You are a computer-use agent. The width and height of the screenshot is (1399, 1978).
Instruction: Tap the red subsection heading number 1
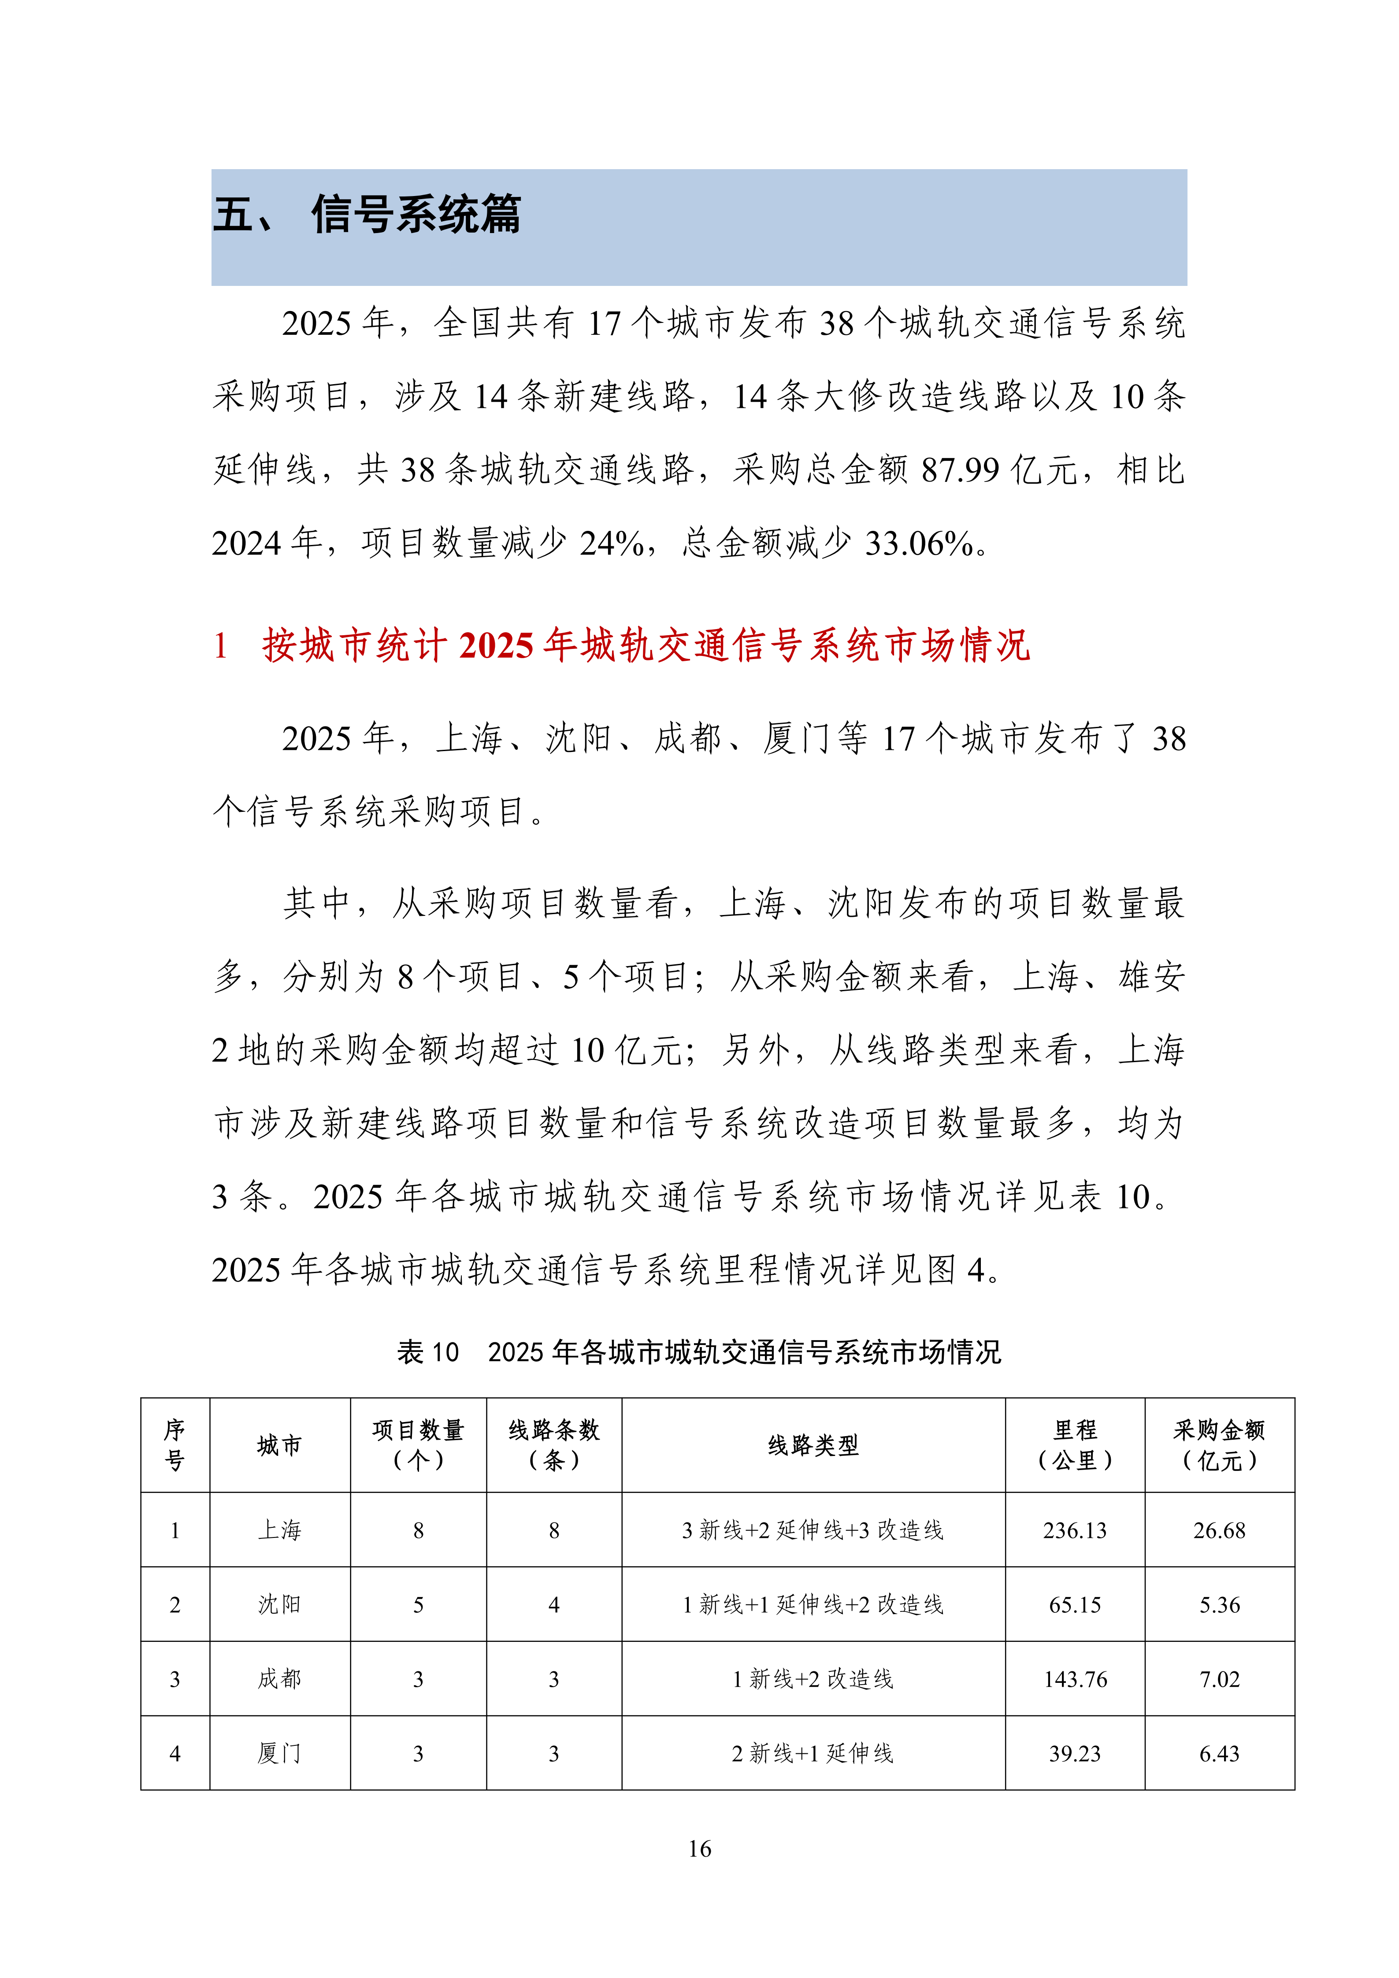[220, 645]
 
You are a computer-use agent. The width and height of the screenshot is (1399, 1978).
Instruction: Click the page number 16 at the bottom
[700, 1849]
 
